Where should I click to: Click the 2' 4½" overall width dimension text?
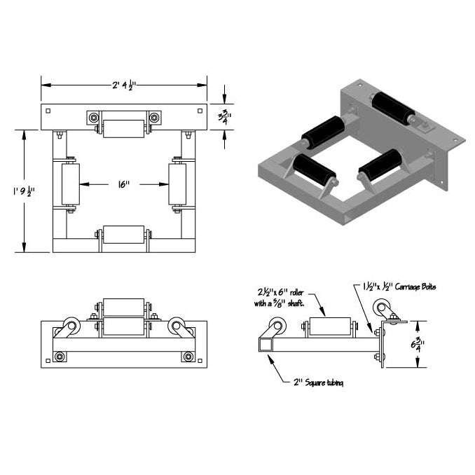pos(123,85)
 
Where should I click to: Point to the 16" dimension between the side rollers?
pos(123,184)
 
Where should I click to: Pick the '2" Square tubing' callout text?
pos(317,383)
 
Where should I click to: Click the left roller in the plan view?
pos(71,185)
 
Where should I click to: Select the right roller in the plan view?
pos(177,185)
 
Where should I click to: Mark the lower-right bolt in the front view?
pos(188,357)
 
